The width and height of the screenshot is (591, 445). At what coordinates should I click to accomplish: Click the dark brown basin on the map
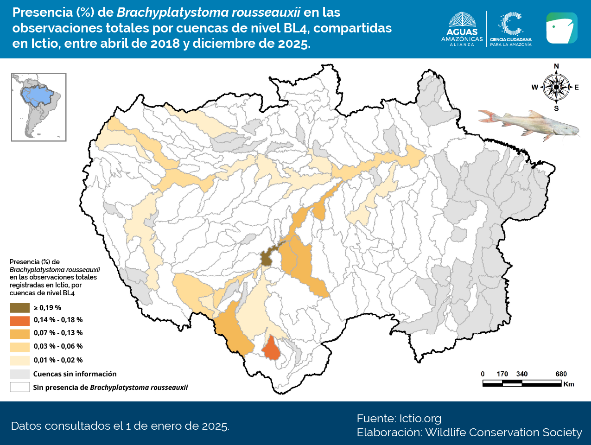coord(266,258)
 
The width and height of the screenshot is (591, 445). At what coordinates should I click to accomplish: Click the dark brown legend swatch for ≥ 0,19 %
coord(19,308)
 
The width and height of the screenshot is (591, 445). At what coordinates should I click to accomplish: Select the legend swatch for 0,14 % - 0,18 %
coord(19,320)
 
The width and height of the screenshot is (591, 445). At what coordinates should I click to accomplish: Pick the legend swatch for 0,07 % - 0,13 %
coord(19,333)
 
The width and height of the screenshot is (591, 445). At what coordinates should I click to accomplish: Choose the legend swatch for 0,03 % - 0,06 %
coord(19,347)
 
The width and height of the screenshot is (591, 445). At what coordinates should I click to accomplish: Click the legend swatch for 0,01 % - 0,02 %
coord(19,360)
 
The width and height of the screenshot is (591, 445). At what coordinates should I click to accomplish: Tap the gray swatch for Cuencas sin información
coord(19,374)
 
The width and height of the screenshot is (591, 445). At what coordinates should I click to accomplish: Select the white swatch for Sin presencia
coord(19,387)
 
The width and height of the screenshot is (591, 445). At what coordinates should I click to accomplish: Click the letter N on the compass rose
coord(556,66)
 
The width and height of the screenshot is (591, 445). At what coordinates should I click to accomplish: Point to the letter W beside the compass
coord(534,87)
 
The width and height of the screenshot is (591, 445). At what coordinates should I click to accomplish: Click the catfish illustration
coord(528,124)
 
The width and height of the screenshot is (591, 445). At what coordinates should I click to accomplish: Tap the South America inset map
coord(39,107)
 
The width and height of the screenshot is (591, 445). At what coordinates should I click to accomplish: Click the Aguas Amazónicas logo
coord(462,29)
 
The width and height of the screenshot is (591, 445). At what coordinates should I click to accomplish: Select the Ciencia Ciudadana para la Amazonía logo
coord(511,29)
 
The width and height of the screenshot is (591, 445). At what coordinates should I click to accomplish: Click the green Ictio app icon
coord(561,28)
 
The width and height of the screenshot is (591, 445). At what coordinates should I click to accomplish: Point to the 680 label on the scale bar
coord(561,374)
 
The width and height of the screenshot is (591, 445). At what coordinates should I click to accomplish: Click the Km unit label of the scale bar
coord(569,384)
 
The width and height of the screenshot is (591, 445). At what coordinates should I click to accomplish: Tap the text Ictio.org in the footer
coord(420,419)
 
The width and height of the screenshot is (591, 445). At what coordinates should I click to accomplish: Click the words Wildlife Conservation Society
coord(503,432)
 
